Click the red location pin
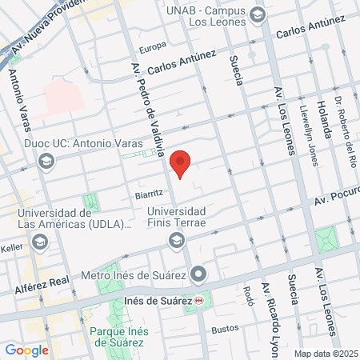coord(180,163)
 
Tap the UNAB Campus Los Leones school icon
coord(258,14)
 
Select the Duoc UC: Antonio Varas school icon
coord(47,161)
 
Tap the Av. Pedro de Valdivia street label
coord(144,120)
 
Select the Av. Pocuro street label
coord(336,198)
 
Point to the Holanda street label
coord(323,119)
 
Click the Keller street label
coord(12,247)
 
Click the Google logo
coord(26,350)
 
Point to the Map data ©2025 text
coord(324,353)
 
